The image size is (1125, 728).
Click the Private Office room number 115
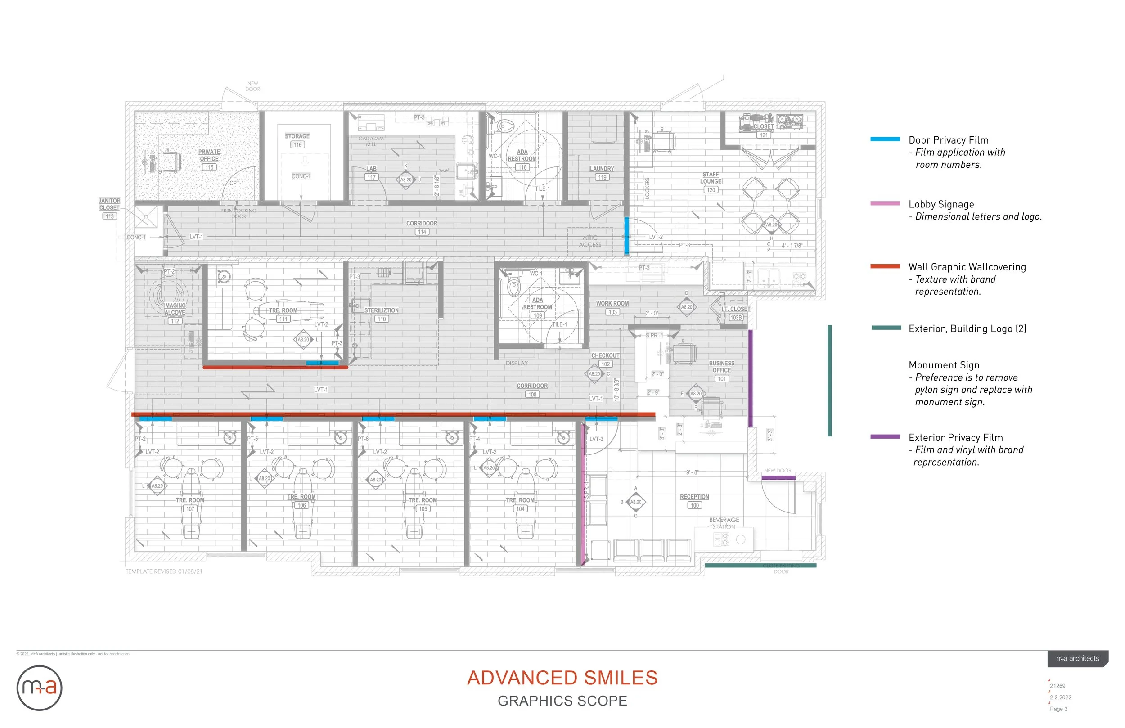tap(209, 167)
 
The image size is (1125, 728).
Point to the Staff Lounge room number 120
tap(711, 190)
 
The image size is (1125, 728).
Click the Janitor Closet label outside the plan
tap(109, 204)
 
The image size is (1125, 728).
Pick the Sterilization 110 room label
tap(382, 315)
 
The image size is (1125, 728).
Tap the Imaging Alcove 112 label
tap(175, 312)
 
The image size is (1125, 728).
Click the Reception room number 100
tap(694, 505)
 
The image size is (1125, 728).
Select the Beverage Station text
tap(724, 523)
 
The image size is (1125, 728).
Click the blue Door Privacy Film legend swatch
tap(885, 139)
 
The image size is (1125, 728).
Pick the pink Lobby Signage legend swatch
tap(885, 203)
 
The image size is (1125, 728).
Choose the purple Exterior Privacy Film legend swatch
tap(885, 437)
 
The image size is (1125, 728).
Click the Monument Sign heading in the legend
tap(944, 365)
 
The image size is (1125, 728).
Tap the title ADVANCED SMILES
tap(562, 678)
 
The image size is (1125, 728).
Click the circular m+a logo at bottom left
tap(39, 688)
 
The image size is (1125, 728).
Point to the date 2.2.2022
tap(1060, 697)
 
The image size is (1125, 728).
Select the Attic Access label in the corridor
tap(590, 241)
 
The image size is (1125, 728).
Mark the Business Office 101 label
tap(721, 371)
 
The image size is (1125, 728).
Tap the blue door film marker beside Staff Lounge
tap(626, 235)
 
